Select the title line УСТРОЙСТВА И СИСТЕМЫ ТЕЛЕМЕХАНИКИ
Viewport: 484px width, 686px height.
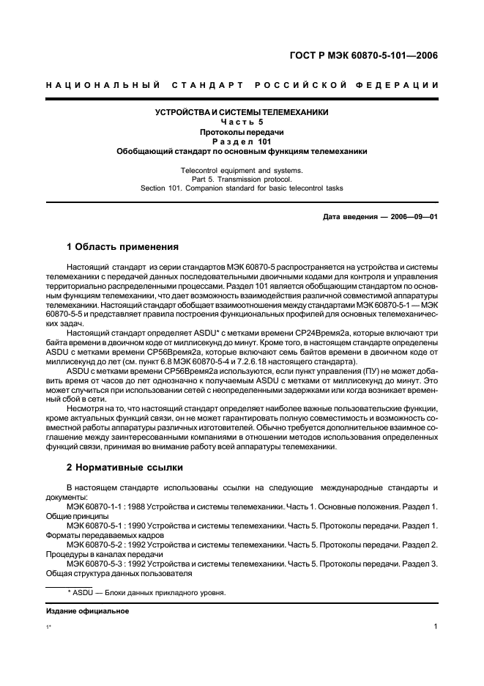tap(242, 112)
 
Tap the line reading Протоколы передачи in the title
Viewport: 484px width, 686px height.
tap(242, 132)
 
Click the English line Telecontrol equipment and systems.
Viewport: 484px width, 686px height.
tap(242, 170)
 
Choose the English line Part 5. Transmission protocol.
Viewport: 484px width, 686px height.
tap(242, 179)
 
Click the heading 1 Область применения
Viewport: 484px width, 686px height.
tap(122, 247)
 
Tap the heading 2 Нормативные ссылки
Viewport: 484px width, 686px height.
tap(124, 466)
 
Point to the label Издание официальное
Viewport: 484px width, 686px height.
tap(88, 611)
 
